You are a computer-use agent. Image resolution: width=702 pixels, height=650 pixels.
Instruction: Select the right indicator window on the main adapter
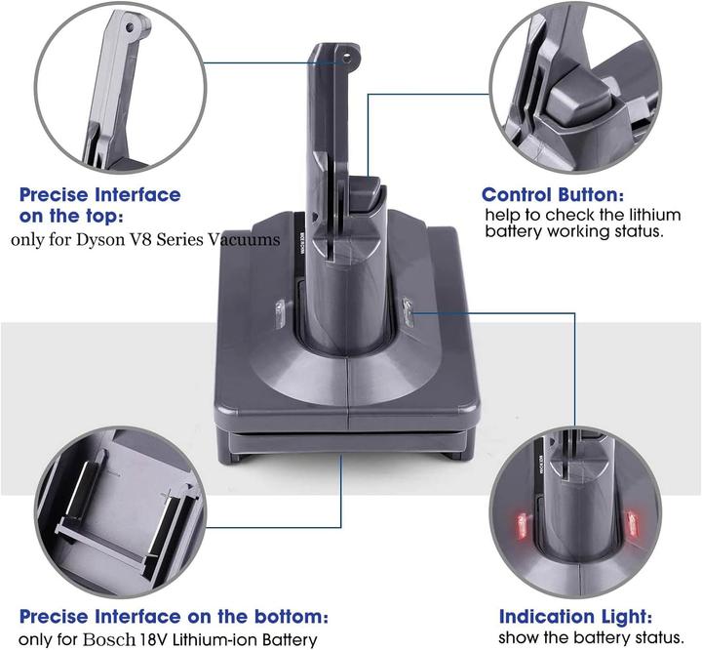pyautogui.click(x=408, y=313)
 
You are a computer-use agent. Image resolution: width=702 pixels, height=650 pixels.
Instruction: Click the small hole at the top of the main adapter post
pyautogui.click(x=344, y=58)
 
